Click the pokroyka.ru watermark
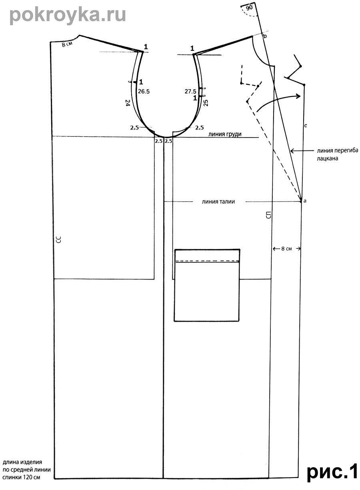[68, 15]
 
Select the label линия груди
[225, 134]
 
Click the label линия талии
[218, 202]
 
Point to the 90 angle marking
[249, 8]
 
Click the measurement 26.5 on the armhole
[144, 92]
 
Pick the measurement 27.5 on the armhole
[190, 91]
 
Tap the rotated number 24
[128, 103]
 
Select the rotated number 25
[206, 103]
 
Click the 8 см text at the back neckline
[67, 44]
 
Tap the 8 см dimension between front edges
[286, 249]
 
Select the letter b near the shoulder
[265, 36]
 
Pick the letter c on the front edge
[306, 126]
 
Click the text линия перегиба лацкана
[338, 154]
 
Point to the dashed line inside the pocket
[207, 261]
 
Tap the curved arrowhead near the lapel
[298, 96]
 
